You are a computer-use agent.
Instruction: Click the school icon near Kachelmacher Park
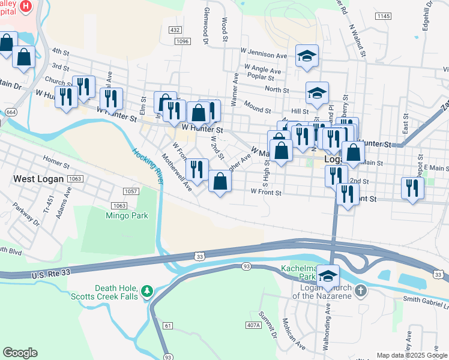click(328, 276)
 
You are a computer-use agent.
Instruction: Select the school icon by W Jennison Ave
click(307, 56)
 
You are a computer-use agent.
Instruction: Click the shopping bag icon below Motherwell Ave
click(220, 181)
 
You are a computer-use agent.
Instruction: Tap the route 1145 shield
click(384, 16)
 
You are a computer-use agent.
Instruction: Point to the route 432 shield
click(175, 29)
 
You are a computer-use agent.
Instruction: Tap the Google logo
click(20, 353)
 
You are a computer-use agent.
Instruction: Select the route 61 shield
click(167, 325)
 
